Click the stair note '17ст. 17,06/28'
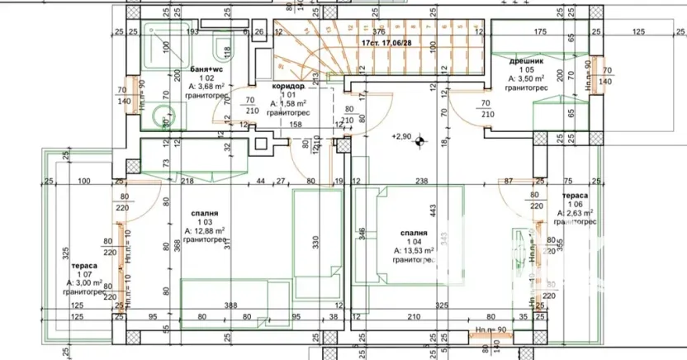click(389, 41)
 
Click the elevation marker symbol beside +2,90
click(421, 140)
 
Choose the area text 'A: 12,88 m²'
click(204, 231)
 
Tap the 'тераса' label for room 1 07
click(83, 266)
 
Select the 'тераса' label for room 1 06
click(576, 196)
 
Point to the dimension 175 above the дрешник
click(540, 31)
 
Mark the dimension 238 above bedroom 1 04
click(422, 181)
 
